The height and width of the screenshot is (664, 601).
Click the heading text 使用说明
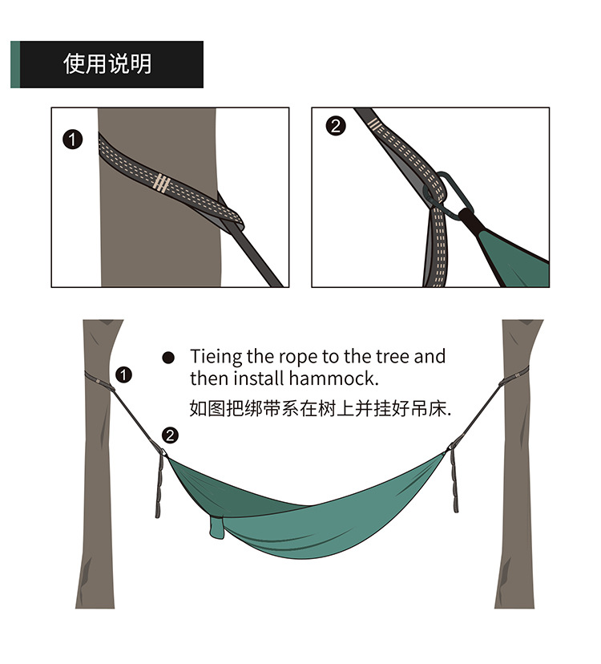pos(107,64)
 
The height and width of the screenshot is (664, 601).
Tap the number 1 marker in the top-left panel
pos(72,140)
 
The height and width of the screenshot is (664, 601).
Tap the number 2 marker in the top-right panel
pos(336,126)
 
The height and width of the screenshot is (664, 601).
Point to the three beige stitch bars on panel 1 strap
pos(162,184)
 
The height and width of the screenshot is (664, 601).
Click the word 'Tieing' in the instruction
pos(216,357)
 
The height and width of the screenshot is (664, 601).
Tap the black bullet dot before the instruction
pos(168,358)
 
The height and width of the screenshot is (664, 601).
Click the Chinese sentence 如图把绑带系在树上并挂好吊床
pos(320,409)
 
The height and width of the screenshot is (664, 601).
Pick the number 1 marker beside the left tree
pos(123,375)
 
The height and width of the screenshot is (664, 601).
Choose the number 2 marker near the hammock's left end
pos(170,435)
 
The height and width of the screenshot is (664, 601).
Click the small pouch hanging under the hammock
pos(216,528)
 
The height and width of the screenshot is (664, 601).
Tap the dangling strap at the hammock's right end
pos(454,480)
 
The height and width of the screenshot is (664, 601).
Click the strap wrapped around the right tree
pos(514,376)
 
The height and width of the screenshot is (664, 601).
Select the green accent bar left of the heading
pos(15,64)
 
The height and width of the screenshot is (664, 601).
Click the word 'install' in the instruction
pos(259,379)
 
